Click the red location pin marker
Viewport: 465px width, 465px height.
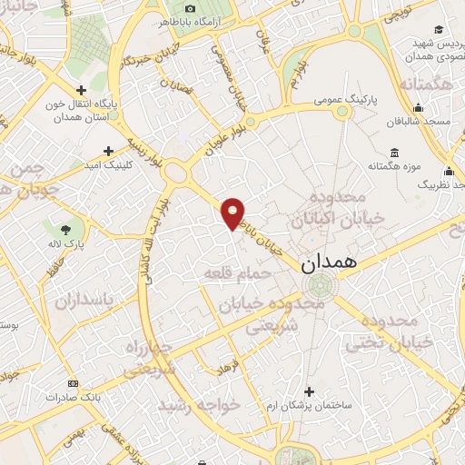pos(233,213)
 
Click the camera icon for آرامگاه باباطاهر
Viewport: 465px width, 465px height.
pos(190,8)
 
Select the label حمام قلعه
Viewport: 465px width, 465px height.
pos(233,272)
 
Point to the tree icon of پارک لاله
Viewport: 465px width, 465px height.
pos(65,229)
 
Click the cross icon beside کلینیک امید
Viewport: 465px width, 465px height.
pos(109,151)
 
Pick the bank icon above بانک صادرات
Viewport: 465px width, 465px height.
pos(74,384)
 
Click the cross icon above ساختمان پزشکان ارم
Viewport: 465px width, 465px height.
pos(310,391)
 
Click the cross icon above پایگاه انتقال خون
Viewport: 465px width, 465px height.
pos(82,90)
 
